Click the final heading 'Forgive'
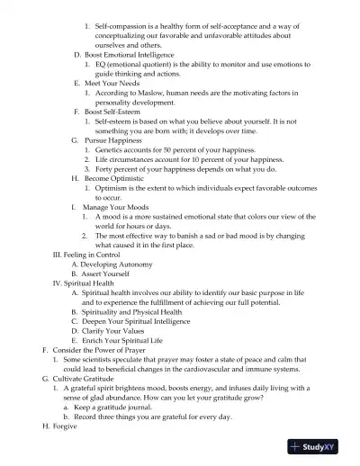point(65,426)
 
